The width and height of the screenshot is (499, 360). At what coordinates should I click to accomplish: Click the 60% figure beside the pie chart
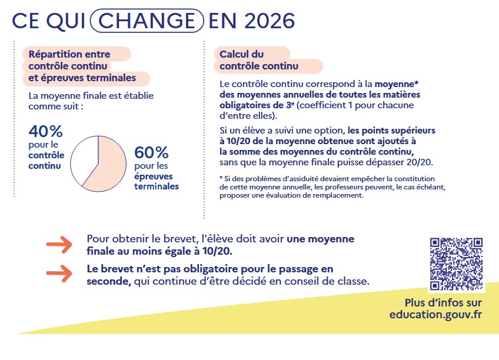[x=152, y=152]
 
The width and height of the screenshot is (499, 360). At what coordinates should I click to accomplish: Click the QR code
[x=457, y=264]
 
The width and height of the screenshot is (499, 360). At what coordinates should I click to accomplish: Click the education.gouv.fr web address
[x=435, y=315]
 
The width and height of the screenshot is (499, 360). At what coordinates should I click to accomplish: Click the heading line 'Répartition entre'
[x=69, y=54]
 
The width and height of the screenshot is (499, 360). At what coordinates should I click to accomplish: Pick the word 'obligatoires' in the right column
[x=246, y=105]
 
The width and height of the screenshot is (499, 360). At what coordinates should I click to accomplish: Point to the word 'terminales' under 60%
[x=157, y=186]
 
